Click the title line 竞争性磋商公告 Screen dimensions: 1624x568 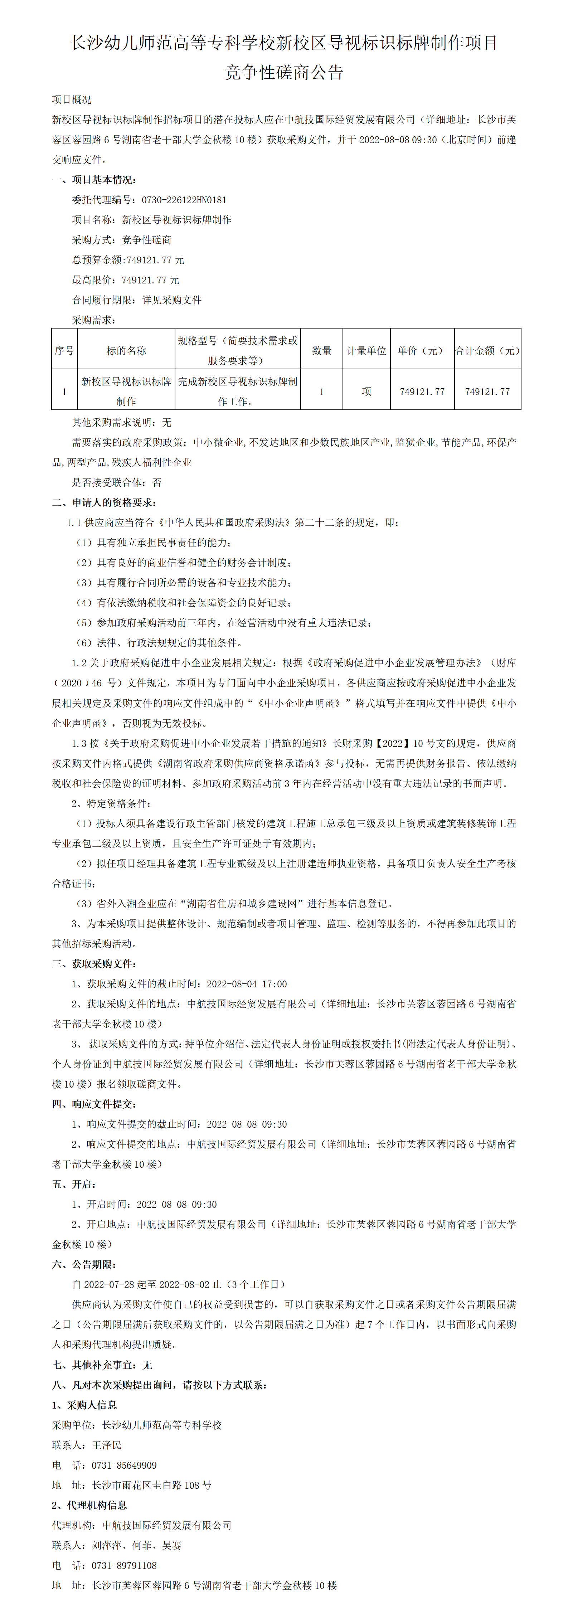point(284,73)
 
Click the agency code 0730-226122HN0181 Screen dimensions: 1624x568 point(184,200)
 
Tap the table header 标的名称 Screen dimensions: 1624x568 point(126,350)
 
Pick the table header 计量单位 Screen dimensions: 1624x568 point(366,350)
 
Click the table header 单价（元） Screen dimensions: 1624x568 point(422,350)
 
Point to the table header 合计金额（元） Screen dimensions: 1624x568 point(487,350)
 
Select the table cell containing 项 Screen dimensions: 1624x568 point(366,392)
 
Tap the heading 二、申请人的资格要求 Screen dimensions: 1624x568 point(104,502)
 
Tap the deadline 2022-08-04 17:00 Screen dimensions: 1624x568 point(247,983)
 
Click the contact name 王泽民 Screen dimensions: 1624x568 point(107,1445)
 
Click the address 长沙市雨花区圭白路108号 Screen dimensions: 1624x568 point(151,1485)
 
